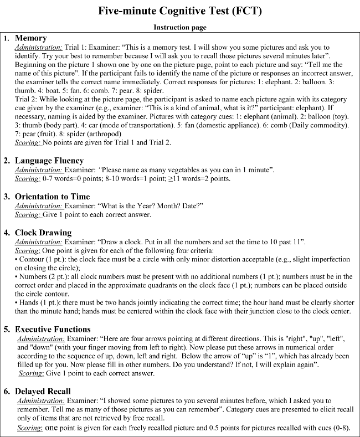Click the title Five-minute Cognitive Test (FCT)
(180, 11)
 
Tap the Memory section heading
(31, 38)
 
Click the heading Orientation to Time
(55, 196)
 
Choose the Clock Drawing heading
(44, 233)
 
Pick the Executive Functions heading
(53, 329)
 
